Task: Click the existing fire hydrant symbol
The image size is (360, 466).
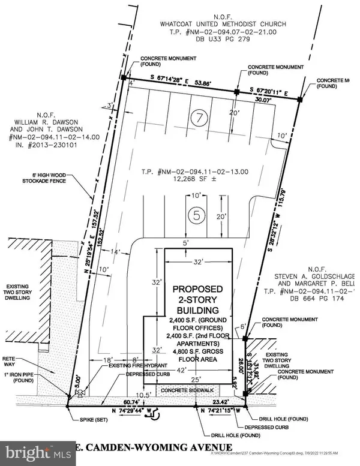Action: coord(79,393)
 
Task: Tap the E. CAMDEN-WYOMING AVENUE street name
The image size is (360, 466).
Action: coord(154,447)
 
